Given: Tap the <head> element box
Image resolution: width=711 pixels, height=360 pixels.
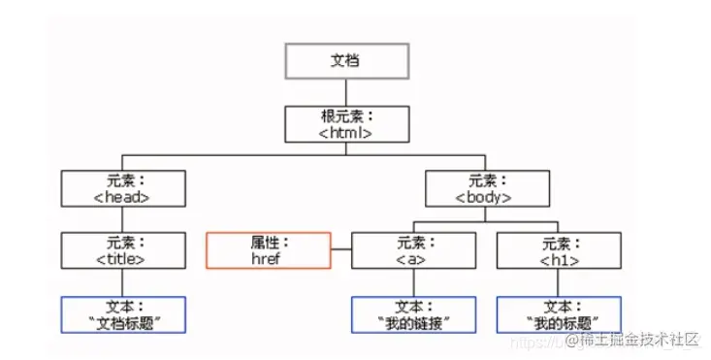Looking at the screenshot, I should [122, 188].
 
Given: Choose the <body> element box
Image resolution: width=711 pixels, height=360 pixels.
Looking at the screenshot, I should [484, 188].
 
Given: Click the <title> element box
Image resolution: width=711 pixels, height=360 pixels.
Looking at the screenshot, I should [122, 250].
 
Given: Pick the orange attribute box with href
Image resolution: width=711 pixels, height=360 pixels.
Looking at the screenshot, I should [267, 250].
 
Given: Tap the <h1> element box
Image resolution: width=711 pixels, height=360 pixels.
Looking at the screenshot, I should [558, 250].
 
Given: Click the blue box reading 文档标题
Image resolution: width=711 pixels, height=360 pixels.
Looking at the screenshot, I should [122, 314].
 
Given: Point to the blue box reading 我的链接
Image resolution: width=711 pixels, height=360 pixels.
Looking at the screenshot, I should [413, 314].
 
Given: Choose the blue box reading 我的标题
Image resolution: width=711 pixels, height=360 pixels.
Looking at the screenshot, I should [558, 314].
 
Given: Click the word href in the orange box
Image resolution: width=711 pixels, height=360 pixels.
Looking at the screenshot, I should [265, 259].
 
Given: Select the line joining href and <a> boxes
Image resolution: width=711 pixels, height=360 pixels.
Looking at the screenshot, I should [340, 251].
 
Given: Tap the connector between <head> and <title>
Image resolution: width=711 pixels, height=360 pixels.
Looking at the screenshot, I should [122, 219].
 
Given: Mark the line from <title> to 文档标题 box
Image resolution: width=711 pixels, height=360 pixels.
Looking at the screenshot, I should [122, 282].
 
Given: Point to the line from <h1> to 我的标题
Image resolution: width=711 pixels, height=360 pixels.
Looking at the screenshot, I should [558, 282].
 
